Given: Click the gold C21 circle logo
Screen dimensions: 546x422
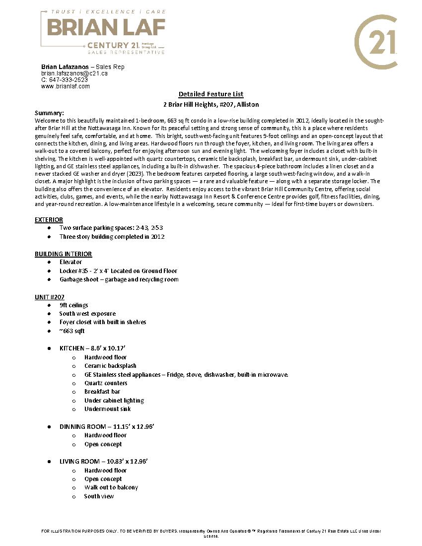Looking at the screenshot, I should click(x=376, y=42).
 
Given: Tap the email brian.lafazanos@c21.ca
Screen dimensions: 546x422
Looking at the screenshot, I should click(x=74, y=73).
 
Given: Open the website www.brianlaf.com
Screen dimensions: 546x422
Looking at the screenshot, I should click(x=66, y=86).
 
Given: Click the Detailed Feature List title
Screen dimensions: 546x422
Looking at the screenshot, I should click(x=211, y=94).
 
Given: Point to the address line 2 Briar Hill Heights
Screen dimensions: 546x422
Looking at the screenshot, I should click(x=211, y=105).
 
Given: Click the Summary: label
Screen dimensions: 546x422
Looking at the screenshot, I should click(x=49, y=113).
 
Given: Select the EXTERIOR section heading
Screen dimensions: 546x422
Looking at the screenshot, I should click(x=49, y=219).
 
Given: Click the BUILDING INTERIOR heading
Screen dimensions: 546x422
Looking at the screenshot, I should click(x=63, y=254).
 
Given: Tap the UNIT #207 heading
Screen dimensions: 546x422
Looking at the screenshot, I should click(x=49, y=297).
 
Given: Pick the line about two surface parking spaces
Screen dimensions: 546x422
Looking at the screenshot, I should click(x=111, y=228).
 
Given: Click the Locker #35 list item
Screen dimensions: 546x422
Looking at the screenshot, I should click(x=118, y=271).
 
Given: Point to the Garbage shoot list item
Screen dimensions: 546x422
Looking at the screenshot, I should click(x=119, y=279).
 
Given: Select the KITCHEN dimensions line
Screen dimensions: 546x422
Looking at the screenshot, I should click(x=97, y=348).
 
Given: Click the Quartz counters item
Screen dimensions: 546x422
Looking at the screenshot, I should click(x=106, y=383).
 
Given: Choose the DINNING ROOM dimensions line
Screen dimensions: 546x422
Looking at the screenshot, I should click(x=107, y=426).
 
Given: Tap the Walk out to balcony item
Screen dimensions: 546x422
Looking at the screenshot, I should click(x=111, y=487).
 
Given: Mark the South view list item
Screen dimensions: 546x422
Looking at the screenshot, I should click(x=99, y=496).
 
